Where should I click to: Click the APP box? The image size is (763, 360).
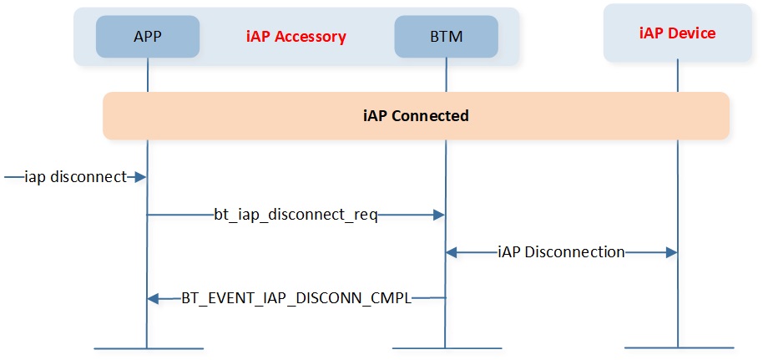point(148,37)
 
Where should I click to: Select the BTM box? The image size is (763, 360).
point(447,37)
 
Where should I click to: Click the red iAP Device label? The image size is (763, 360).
point(677,33)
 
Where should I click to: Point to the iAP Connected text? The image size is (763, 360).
point(416,116)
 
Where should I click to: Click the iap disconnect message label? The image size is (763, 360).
point(75,177)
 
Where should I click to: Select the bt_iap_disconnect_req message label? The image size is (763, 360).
point(296,215)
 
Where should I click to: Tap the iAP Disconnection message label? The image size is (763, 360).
point(562,252)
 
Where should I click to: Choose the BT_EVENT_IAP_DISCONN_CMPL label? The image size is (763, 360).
point(297,298)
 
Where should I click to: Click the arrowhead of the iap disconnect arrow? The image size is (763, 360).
point(141,177)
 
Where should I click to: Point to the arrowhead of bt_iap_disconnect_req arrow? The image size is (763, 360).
point(439,215)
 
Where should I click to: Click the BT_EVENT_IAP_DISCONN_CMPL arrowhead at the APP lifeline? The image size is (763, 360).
point(153,298)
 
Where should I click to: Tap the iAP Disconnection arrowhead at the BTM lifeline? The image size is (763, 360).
point(452,252)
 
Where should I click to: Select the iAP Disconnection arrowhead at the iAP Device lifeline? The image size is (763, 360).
point(671,252)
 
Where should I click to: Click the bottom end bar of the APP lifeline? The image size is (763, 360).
point(148,348)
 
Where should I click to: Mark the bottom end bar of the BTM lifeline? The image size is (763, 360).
point(447,348)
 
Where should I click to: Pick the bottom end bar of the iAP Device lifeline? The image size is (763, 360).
point(679,347)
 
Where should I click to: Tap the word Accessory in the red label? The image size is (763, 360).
point(311,38)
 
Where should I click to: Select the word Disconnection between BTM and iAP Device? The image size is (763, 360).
point(576,252)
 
